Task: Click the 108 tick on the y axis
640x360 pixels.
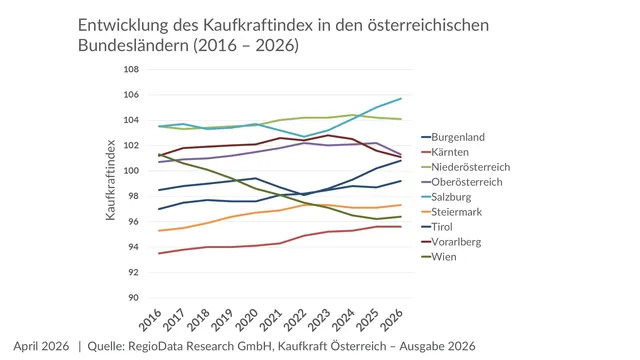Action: tap(130, 69)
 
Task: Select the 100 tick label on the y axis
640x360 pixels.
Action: tap(130, 170)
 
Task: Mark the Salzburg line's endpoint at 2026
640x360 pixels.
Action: tap(401, 98)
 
